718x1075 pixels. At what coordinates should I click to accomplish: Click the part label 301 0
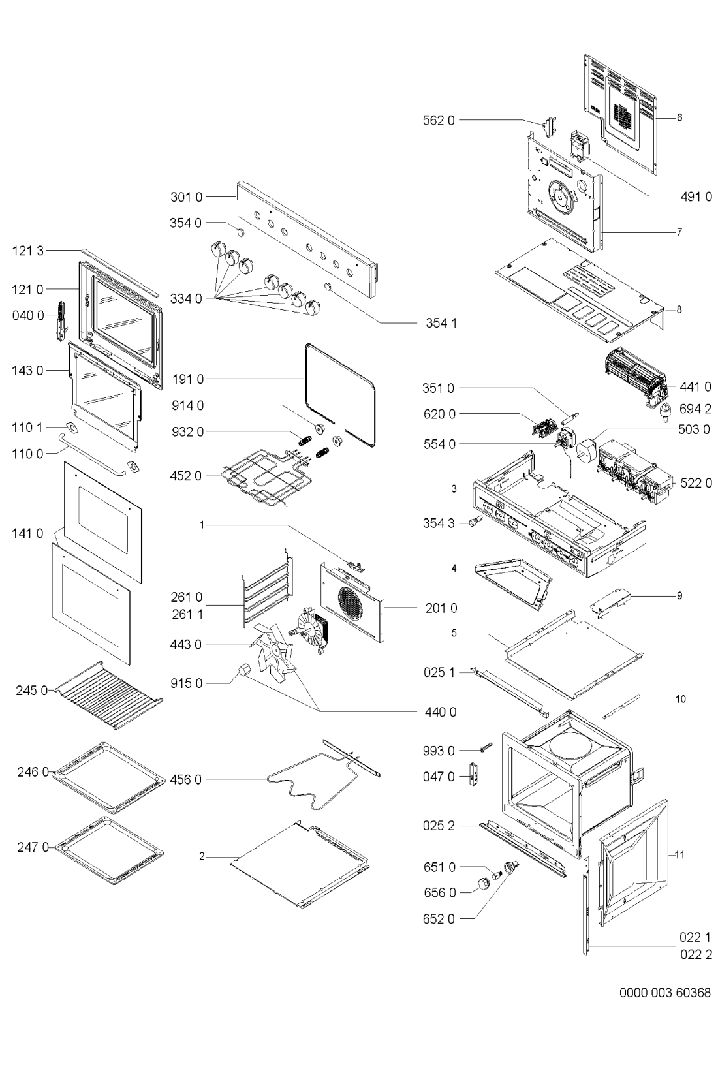click(x=187, y=197)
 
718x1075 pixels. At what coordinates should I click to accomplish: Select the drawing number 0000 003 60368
click(x=664, y=992)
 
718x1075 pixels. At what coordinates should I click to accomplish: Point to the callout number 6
click(x=679, y=117)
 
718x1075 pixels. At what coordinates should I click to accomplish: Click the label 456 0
click(x=186, y=780)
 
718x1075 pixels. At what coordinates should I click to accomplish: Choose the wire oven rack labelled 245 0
click(x=108, y=695)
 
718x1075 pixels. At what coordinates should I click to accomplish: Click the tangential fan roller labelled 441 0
click(x=636, y=378)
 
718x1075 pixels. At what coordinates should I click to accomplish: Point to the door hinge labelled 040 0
click(x=61, y=321)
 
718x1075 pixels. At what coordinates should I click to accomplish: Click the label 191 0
click(x=188, y=380)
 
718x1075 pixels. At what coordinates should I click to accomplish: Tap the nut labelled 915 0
click(x=245, y=670)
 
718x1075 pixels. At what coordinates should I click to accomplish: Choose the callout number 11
click(x=679, y=855)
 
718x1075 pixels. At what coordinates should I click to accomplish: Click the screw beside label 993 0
click(x=485, y=747)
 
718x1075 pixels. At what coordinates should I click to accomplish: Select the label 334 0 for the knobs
click(x=186, y=299)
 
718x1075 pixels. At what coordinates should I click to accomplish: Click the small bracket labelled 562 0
click(x=549, y=126)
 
